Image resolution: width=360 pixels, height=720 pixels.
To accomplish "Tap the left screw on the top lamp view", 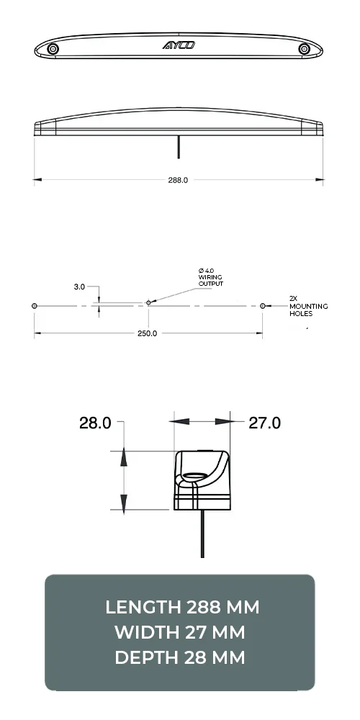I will click(x=53, y=49).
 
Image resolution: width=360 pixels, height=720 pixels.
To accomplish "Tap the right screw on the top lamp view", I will click(x=304, y=49).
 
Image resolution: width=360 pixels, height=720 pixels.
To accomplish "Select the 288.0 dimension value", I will click(x=178, y=180).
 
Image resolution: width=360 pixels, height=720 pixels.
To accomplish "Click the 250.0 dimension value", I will click(x=147, y=333).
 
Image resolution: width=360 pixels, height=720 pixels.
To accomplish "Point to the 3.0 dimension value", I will click(x=79, y=287).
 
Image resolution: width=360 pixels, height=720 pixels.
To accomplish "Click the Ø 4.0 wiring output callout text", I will click(x=211, y=277).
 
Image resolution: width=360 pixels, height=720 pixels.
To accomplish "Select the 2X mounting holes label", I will click(x=307, y=305).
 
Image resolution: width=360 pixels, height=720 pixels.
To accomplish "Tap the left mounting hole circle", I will click(x=35, y=306).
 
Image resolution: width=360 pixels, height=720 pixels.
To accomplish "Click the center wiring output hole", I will click(x=148, y=303).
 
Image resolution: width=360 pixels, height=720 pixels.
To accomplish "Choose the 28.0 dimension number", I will click(x=95, y=423).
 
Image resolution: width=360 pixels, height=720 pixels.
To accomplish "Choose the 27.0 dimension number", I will click(x=264, y=423).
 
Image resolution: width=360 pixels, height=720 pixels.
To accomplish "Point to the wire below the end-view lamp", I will click(x=202, y=533).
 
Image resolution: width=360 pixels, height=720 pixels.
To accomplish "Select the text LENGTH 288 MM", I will click(x=180, y=607).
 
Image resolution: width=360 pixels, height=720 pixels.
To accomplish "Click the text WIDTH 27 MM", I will click(x=180, y=632).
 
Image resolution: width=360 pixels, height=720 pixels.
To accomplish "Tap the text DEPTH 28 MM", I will click(x=180, y=657).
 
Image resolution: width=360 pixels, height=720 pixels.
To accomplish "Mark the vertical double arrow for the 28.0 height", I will click(x=124, y=480).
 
